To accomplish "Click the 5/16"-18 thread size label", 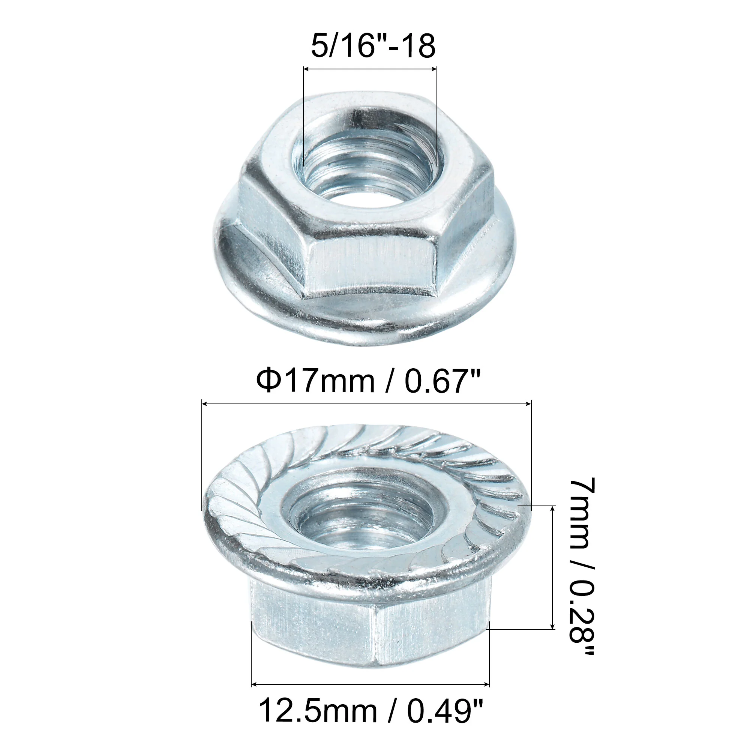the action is [x=373, y=46].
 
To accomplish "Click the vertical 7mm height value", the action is [x=582, y=514].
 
